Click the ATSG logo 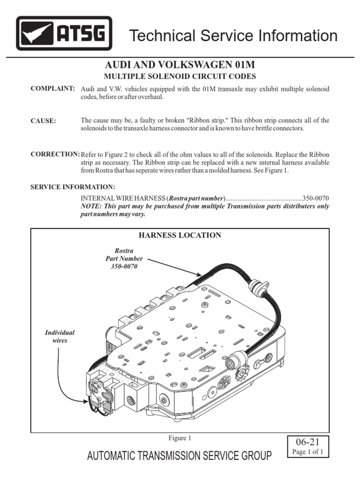(64, 33)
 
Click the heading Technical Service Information (233, 36)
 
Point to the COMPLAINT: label (52, 89)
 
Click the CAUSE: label (43, 121)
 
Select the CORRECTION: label (55, 154)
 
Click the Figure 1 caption (180, 439)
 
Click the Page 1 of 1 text (308, 452)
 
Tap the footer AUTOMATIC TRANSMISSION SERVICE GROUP (178, 456)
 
